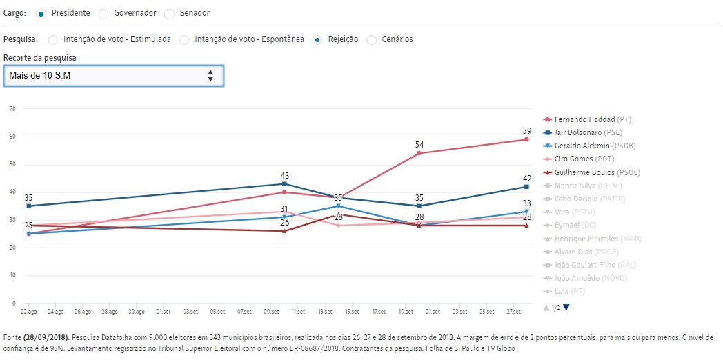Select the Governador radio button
pyautogui.click(x=103, y=13)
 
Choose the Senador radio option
pyautogui.click(x=170, y=13)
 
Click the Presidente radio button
pyautogui.click(x=41, y=13)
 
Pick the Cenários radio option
pyautogui.click(x=373, y=40)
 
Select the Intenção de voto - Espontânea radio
pyautogui.click(x=184, y=40)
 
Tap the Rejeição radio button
pyautogui.click(x=317, y=40)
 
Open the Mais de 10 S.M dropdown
pyautogui.click(x=113, y=76)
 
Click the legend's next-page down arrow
pyautogui.click(x=566, y=308)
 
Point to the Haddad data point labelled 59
pyautogui.click(x=526, y=139)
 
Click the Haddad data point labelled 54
pyautogui.click(x=419, y=153)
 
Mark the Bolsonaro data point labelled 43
pyautogui.click(x=284, y=184)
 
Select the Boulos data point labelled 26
pyautogui.click(x=284, y=231)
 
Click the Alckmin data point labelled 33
pyautogui.click(x=526, y=212)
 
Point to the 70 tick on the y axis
pyautogui.click(x=12, y=109)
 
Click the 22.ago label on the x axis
pyautogui.click(x=28, y=312)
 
